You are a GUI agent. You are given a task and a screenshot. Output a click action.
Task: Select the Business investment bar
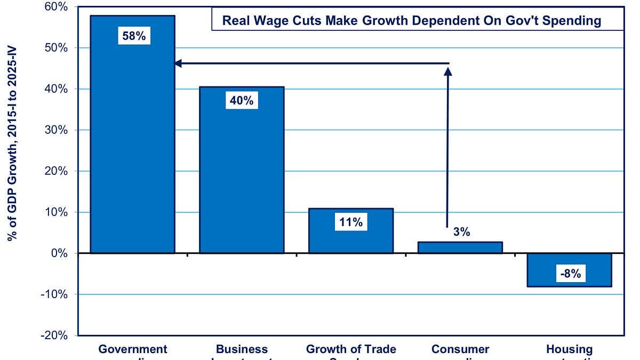pos(242,176)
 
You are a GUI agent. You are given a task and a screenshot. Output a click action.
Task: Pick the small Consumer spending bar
pos(460,247)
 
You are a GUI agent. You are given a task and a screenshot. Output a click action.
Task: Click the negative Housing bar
pos(569,270)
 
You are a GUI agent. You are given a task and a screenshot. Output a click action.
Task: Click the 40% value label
pos(242,100)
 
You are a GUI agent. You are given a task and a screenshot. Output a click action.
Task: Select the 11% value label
pos(351,222)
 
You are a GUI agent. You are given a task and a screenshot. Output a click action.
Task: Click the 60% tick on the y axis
pos(55,7)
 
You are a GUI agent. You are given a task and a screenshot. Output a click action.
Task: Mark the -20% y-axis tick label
pos(54,335)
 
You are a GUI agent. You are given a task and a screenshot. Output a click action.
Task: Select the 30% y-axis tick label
pos(55,130)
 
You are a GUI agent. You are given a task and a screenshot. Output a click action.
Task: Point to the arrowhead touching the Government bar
pos(179,63)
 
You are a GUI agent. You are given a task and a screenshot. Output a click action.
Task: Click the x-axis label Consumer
pos(460,349)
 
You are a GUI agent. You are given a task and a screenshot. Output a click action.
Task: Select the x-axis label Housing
pos(569,349)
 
